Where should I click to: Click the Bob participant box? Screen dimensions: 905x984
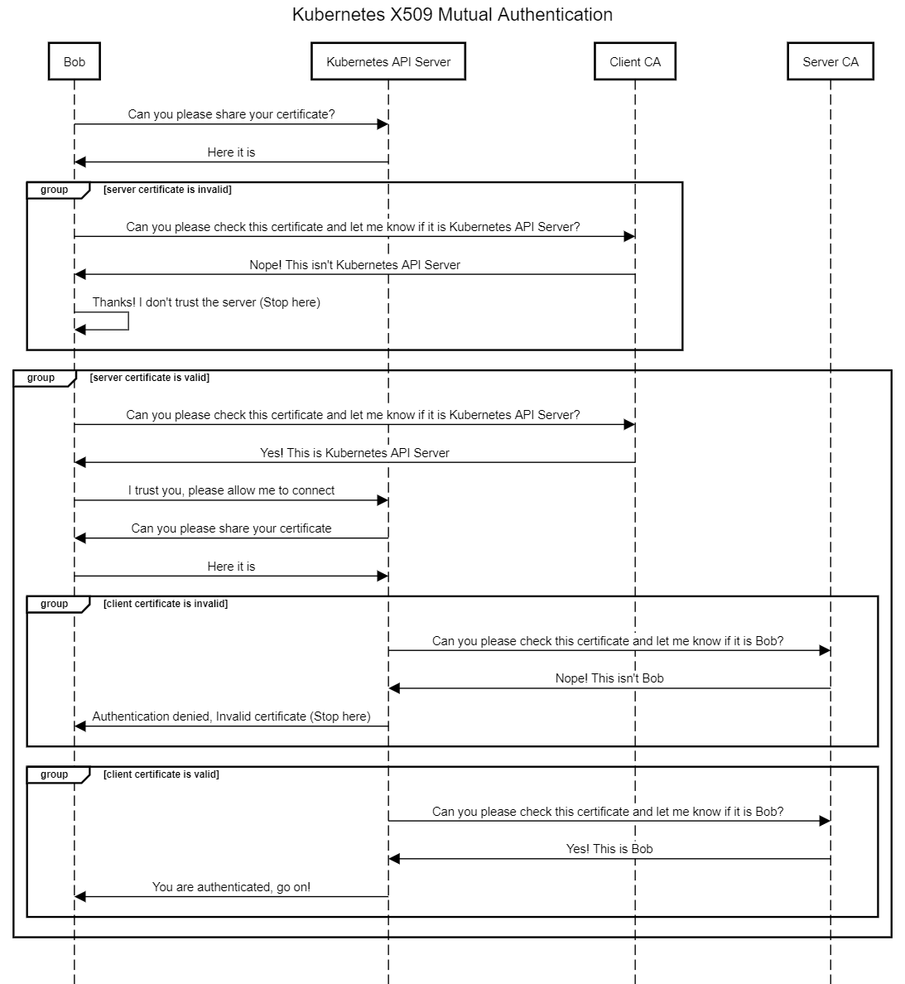click(74, 61)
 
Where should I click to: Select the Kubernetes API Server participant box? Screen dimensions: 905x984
click(388, 61)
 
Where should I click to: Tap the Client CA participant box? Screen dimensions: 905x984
click(635, 61)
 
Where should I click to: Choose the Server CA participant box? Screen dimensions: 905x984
click(830, 61)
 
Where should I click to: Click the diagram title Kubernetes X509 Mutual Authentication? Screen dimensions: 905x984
click(452, 14)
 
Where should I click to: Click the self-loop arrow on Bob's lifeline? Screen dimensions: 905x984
click(128, 321)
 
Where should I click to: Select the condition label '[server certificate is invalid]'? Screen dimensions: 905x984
click(167, 190)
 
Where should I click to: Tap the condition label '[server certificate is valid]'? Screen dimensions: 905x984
click(149, 378)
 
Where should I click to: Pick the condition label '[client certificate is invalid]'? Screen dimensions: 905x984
click(166, 604)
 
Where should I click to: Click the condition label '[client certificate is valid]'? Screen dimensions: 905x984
click(161, 774)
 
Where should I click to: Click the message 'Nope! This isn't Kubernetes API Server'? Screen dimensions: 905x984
click(355, 265)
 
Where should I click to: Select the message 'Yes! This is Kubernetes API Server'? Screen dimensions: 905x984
click(355, 453)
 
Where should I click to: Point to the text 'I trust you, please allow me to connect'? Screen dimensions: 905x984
click(231, 490)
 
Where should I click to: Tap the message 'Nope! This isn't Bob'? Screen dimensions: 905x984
click(609, 678)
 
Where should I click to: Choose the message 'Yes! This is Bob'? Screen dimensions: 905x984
click(609, 849)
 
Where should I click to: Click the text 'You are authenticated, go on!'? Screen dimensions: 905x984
click(231, 887)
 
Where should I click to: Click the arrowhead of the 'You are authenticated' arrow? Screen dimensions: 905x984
click(79, 897)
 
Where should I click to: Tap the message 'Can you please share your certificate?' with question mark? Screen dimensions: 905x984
click(231, 114)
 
